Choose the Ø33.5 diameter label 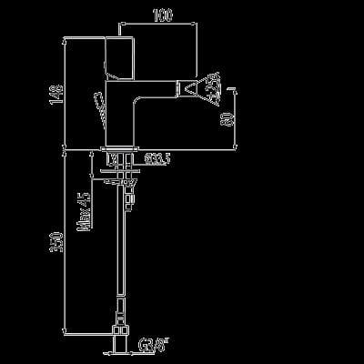(x=157, y=161)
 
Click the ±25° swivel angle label (x=212, y=90)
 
